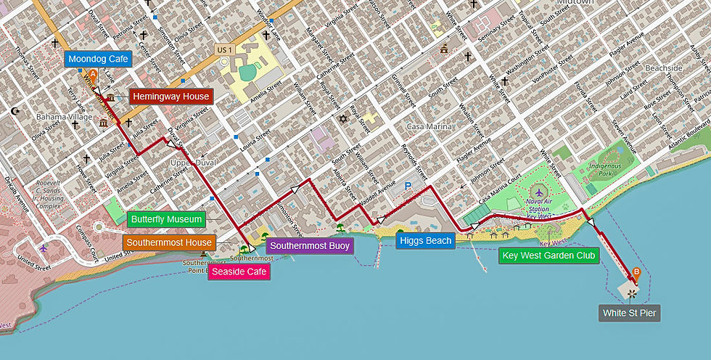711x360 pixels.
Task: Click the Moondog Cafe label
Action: click(x=98, y=60)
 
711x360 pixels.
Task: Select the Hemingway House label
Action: click(x=170, y=97)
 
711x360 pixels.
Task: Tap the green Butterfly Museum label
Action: click(x=165, y=218)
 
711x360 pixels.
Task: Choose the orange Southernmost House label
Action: click(x=169, y=242)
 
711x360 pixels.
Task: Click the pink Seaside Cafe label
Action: click(x=239, y=272)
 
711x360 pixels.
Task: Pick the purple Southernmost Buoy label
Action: click(x=310, y=246)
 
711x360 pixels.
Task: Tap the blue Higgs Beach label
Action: click(x=425, y=240)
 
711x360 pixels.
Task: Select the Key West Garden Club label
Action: click(x=548, y=255)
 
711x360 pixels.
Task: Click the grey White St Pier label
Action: click(x=630, y=313)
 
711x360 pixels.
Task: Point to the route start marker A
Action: click(x=92, y=73)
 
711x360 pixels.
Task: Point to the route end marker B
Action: click(x=636, y=273)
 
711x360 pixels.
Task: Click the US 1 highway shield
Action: click(x=224, y=49)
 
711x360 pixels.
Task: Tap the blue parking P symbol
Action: click(x=407, y=187)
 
